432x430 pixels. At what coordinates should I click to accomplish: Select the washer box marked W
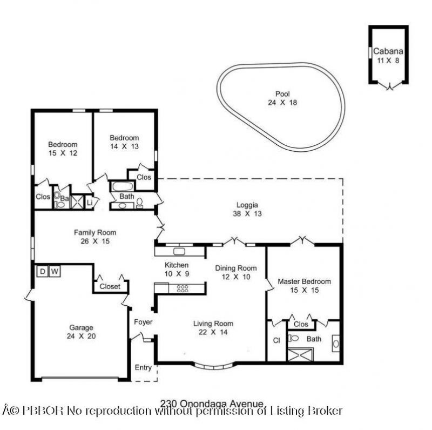click(x=54, y=271)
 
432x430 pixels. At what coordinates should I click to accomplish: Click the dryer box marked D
click(x=42, y=271)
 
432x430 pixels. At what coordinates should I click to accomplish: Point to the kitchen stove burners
click(x=183, y=288)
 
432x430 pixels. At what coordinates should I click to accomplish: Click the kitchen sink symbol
click(x=178, y=251)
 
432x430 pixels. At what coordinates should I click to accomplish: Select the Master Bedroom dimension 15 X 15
click(x=304, y=291)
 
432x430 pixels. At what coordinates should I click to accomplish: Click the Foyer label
click(x=143, y=322)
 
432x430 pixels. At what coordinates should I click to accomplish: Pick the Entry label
click(x=143, y=368)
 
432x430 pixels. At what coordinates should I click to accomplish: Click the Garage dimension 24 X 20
click(x=81, y=337)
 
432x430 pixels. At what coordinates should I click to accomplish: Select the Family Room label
click(x=95, y=232)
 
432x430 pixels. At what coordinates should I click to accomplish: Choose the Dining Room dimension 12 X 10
click(x=236, y=277)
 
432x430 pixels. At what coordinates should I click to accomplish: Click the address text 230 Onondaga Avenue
click(x=212, y=403)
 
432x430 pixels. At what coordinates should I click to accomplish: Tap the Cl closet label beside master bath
click(x=275, y=341)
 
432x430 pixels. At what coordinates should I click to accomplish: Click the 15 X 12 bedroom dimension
click(x=63, y=153)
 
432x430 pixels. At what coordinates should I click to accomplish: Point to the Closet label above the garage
click(x=110, y=286)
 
